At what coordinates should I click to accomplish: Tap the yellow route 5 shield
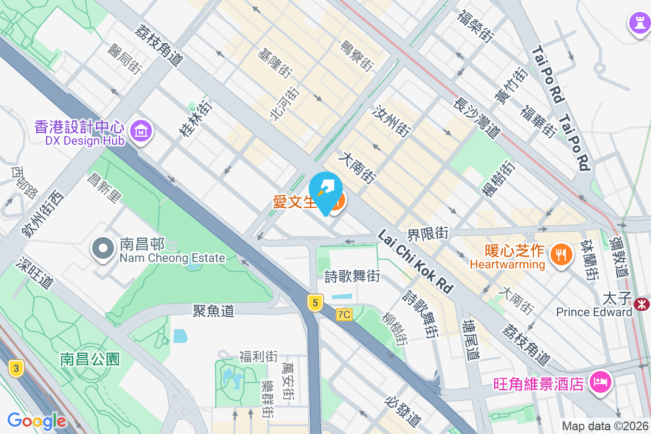(314, 302)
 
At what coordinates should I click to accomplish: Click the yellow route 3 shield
(17, 369)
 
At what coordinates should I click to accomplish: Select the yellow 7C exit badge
(344, 314)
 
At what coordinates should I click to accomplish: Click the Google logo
(37, 421)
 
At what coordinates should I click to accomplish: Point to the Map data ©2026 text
(605, 426)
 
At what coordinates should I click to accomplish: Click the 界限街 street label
(428, 234)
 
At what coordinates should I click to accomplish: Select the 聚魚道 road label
(213, 311)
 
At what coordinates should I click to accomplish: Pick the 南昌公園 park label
(90, 359)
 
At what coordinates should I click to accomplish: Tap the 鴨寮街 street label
(357, 56)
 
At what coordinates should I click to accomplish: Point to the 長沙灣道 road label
(477, 114)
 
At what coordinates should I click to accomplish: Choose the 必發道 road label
(403, 411)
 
